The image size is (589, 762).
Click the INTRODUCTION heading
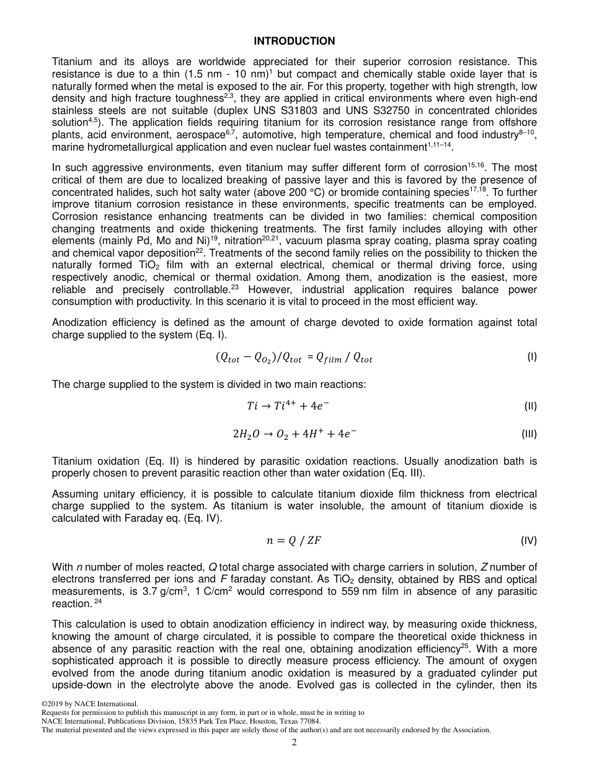pyautogui.click(x=294, y=41)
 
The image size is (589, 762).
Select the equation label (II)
pyautogui.click(x=530, y=406)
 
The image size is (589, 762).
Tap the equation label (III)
pyautogui.click(x=529, y=434)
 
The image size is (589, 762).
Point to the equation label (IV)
pyautogui.click(x=529, y=540)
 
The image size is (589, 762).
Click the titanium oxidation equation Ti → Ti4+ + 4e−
pyautogui.click(x=288, y=406)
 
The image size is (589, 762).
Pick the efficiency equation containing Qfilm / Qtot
pyautogui.click(x=294, y=357)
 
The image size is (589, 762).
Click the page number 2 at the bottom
pyautogui.click(x=294, y=743)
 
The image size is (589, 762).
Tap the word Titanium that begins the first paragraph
pyautogui.click(x=72, y=62)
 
